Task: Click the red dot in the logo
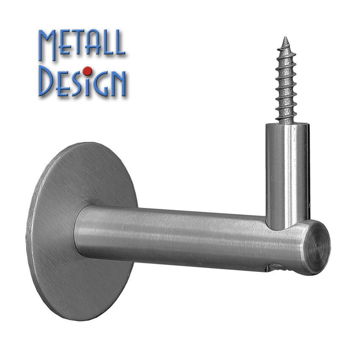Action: tap(87, 71)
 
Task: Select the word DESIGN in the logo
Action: tap(82, 81)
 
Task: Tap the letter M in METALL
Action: tap(47, 45)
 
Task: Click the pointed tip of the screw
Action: tap(285, 37)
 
